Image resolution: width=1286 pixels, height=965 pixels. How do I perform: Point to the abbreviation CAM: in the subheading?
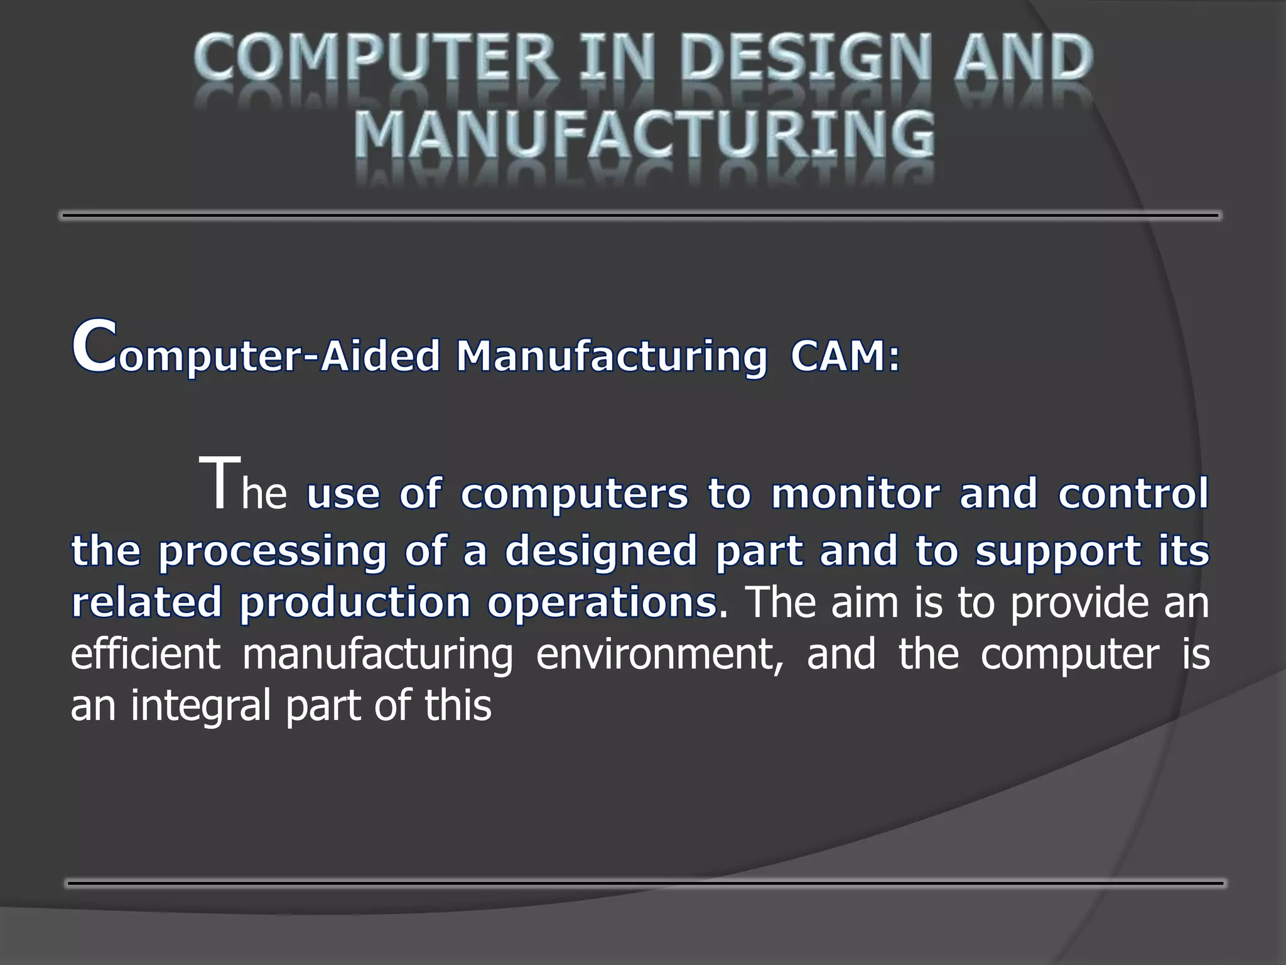coord(845,356)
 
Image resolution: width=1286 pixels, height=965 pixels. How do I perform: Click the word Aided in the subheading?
coord(381,356)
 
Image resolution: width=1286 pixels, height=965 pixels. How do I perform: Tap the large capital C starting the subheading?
coord(94,347)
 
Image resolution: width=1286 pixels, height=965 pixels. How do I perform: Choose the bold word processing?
coord(273,552)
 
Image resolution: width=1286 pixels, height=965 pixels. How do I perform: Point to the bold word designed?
coord(601,552)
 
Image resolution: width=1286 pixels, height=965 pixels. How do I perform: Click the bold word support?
coord(1057,552)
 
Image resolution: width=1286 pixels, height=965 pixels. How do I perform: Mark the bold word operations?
coord(602,602)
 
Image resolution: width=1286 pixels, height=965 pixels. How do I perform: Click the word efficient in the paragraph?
coord(146,653)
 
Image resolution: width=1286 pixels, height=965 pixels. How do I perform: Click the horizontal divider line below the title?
coord(640,215)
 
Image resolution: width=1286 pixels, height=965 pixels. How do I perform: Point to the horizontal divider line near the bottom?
coord(645,883)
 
